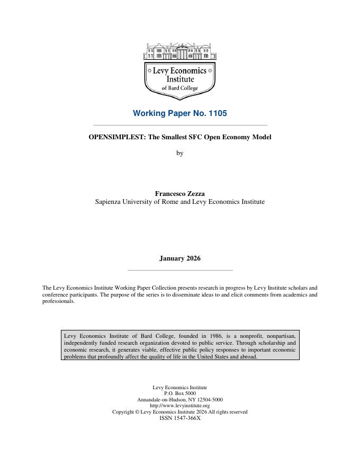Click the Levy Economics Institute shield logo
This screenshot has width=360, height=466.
coord(180,79)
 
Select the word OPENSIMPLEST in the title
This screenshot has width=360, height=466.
coord(113,137)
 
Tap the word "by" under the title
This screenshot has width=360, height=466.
coord(179,153)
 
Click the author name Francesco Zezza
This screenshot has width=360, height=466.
coord(179,194)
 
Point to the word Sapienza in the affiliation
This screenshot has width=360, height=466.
coord(109,202)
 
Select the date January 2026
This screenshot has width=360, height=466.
coord(179,258)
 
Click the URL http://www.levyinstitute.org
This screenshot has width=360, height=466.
coord(179,406)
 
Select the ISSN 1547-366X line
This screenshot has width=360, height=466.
coord(179,418)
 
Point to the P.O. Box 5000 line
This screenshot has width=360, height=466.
coord(179,393)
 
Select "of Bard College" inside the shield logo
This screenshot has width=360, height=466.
coord(180,88)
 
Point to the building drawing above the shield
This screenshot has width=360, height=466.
coord(180,51)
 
